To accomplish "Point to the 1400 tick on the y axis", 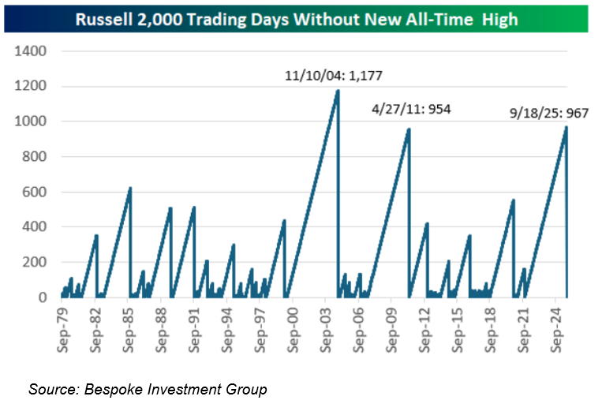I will click(32, 51).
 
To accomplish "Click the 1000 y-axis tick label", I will click(32, 121).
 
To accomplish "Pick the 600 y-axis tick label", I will click(36, 193).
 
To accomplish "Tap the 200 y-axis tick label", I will click(36, 263).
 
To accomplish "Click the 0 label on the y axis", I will click(43, 297).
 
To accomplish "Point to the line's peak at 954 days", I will click(409, 129).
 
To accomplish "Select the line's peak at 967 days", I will click(566, 127).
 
